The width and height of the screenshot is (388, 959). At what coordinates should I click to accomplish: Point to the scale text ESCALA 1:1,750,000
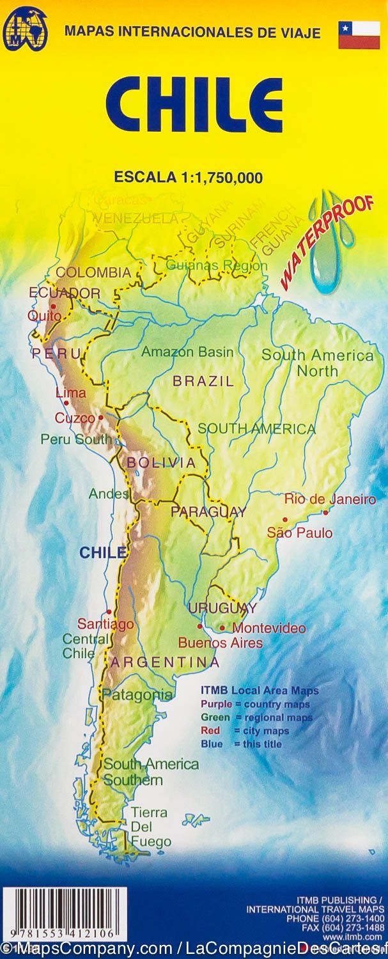[x=189, y=178]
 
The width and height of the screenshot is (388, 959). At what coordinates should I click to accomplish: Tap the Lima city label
[x=70, y=393]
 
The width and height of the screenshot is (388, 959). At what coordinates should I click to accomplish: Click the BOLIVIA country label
[x=161, y=462]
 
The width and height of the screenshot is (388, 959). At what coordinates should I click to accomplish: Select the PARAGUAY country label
[x=208, y=511]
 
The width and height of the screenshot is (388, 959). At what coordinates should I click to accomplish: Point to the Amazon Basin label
[x=187, y=352]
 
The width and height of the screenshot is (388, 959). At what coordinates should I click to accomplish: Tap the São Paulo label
[x=300, y=532]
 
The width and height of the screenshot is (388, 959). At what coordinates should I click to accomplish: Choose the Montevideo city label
[x=268, y=628]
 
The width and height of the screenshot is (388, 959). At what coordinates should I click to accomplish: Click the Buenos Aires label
[x=220, y=643]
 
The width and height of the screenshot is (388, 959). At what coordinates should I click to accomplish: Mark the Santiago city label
[x=105, y=623]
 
